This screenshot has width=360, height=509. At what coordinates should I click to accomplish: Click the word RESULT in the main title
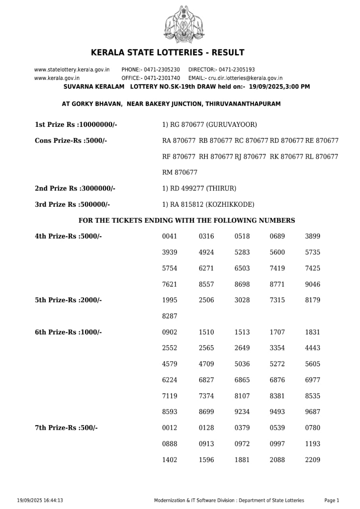pyautogui.click(x=228, y=52)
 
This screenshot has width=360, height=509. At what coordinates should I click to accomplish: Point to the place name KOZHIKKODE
pyautogui.click(x=230, y=204)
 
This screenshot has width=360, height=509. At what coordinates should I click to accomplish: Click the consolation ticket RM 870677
pyautogui.click(x=180, y=173)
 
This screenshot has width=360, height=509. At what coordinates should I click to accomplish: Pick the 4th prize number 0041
pyautogui.click(x=170, y=236)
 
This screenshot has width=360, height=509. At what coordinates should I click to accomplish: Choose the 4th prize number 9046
pyautogui.click(x=312, y=284)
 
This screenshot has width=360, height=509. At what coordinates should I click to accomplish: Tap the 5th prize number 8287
pyautogui.click(x=170, y=316)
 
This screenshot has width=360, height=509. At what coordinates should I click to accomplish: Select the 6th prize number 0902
pyautogui.click(x=170, y=332)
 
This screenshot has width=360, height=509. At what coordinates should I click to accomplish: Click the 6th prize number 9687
pyautogui.click(x=312, y=412)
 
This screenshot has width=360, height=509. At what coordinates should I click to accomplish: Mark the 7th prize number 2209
pyautogui.click(x=312, y=460)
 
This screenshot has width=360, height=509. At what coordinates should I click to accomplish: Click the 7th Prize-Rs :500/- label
pyautogui.click(x=66, y=428)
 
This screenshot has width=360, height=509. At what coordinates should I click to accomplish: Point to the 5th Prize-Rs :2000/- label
pyautogui.click(x=68, y=300)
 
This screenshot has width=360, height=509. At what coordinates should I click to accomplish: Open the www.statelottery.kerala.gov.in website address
pyautogui.click(x=72, y=70)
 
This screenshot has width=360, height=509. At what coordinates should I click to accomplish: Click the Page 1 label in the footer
pyautogui.click(x=332, y=501)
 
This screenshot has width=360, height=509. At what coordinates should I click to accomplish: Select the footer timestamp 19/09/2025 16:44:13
pyautogui.click(x=40, y=501)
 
